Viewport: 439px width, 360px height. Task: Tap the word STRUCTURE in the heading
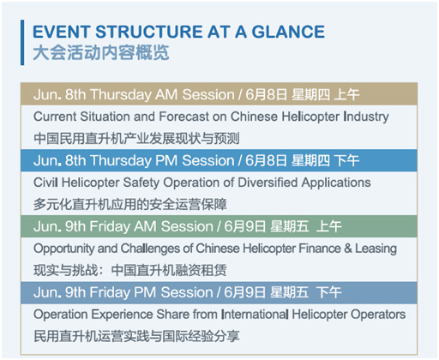pos(149,32)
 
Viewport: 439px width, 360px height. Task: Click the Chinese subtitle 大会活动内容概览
pos(101,53)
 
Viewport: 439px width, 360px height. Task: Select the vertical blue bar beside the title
pos(22,42)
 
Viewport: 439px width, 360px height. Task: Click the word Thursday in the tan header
pos(121,94)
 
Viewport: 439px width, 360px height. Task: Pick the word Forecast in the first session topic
pos(183,117)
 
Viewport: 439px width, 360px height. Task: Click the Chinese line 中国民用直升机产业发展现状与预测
pos(136,138)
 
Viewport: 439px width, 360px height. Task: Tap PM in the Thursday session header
pos(166,160)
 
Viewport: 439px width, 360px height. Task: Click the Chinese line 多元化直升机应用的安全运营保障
pos(130,205)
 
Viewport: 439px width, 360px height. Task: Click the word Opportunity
pos(63,249)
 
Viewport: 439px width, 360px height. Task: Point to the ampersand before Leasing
pos(348,249)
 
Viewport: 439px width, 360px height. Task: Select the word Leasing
pos(376,249)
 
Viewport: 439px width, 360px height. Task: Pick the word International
pos(255,315)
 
